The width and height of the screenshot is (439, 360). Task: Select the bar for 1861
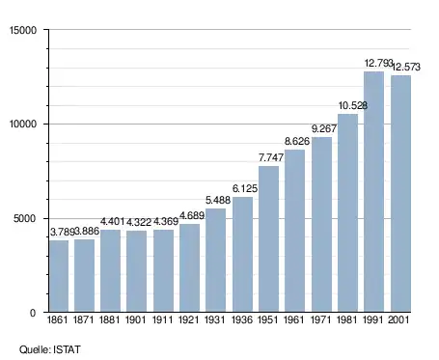(x=59, y=276)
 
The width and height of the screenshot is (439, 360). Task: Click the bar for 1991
(x=373, y=192)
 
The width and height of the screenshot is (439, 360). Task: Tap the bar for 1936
(x=242, y=254)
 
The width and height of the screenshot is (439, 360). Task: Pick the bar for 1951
(x=268, y=239)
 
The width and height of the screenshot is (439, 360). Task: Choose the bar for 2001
(x=400, y=194)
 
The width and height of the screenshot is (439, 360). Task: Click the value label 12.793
(x=378, y=63)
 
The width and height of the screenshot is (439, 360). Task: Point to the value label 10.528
(x=353, y=105)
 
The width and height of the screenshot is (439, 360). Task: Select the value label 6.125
(x=245, y=188)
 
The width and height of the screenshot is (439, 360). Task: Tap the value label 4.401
(x=112, y=221)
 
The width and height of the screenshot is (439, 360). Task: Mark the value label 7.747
(x=271, y=157)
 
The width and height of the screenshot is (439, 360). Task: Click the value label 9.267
(x=324, y=128)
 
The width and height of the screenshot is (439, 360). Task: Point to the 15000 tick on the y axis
(x=23, y=30)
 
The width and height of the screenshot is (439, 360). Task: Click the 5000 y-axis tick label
(x=25, y=219)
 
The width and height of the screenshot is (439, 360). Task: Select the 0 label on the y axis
(x=33, y=313)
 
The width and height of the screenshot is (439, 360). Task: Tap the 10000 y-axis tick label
(x=23, y=125)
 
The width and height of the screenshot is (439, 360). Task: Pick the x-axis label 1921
(x=189, y=319)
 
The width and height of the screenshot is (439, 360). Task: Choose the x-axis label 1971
(x=321, y=319)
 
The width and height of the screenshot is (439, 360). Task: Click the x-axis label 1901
(x=135, y=319)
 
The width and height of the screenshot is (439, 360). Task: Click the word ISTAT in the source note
(x=67, y=349)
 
